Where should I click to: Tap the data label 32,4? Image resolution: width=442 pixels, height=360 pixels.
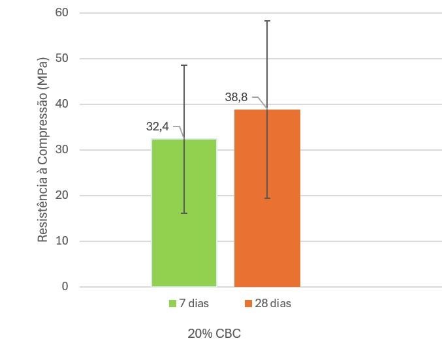point(157,127)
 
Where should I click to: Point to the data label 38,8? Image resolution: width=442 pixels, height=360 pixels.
point(236,97)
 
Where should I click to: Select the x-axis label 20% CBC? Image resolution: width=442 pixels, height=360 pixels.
point(214,334)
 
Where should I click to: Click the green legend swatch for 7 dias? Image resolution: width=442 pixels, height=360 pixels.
point(172,304)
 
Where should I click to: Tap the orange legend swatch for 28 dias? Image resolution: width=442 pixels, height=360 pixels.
point(248,304)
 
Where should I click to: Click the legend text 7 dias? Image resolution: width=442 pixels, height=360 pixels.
point(195,304)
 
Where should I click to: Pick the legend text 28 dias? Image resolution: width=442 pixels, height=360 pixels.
point(274,304)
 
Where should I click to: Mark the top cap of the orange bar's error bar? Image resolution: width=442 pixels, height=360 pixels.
point(267,21)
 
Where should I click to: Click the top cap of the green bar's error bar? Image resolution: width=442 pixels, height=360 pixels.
point(184,65)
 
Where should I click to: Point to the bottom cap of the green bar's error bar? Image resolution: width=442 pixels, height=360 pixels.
point(184,213)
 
